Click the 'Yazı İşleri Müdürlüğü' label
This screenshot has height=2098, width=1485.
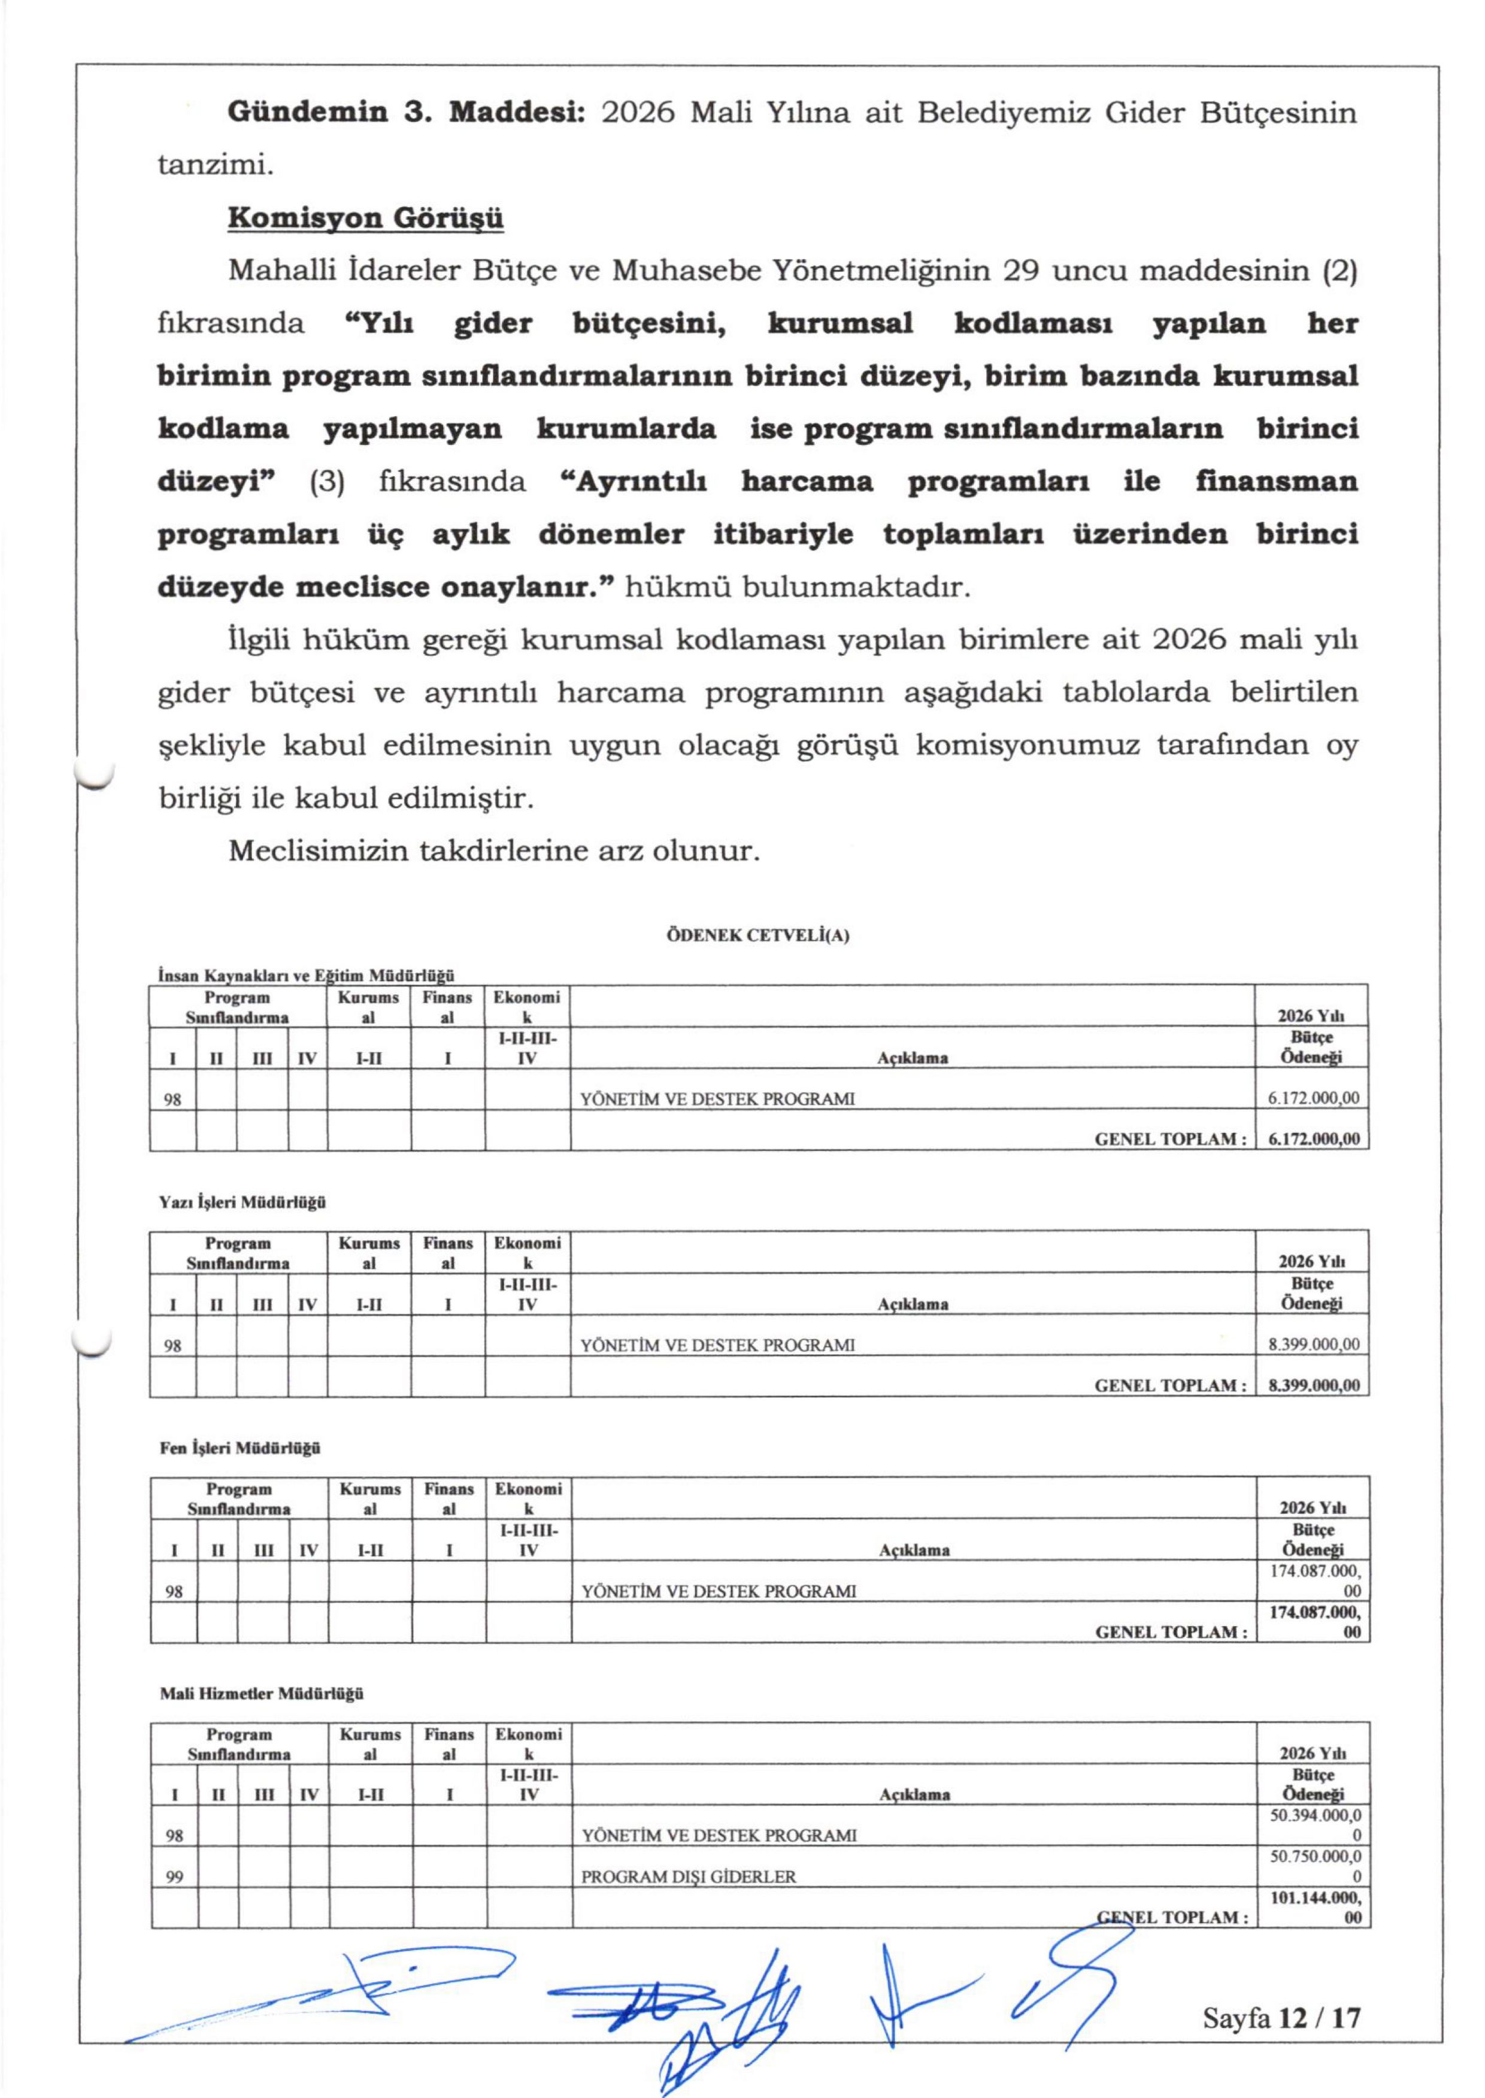[x=243, y=1203]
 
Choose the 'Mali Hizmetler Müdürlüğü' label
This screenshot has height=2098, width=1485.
[x=262, y=1694]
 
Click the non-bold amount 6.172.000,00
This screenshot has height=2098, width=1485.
[x=1313, y=1099]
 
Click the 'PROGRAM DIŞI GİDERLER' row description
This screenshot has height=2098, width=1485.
[x=689, y=1876]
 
